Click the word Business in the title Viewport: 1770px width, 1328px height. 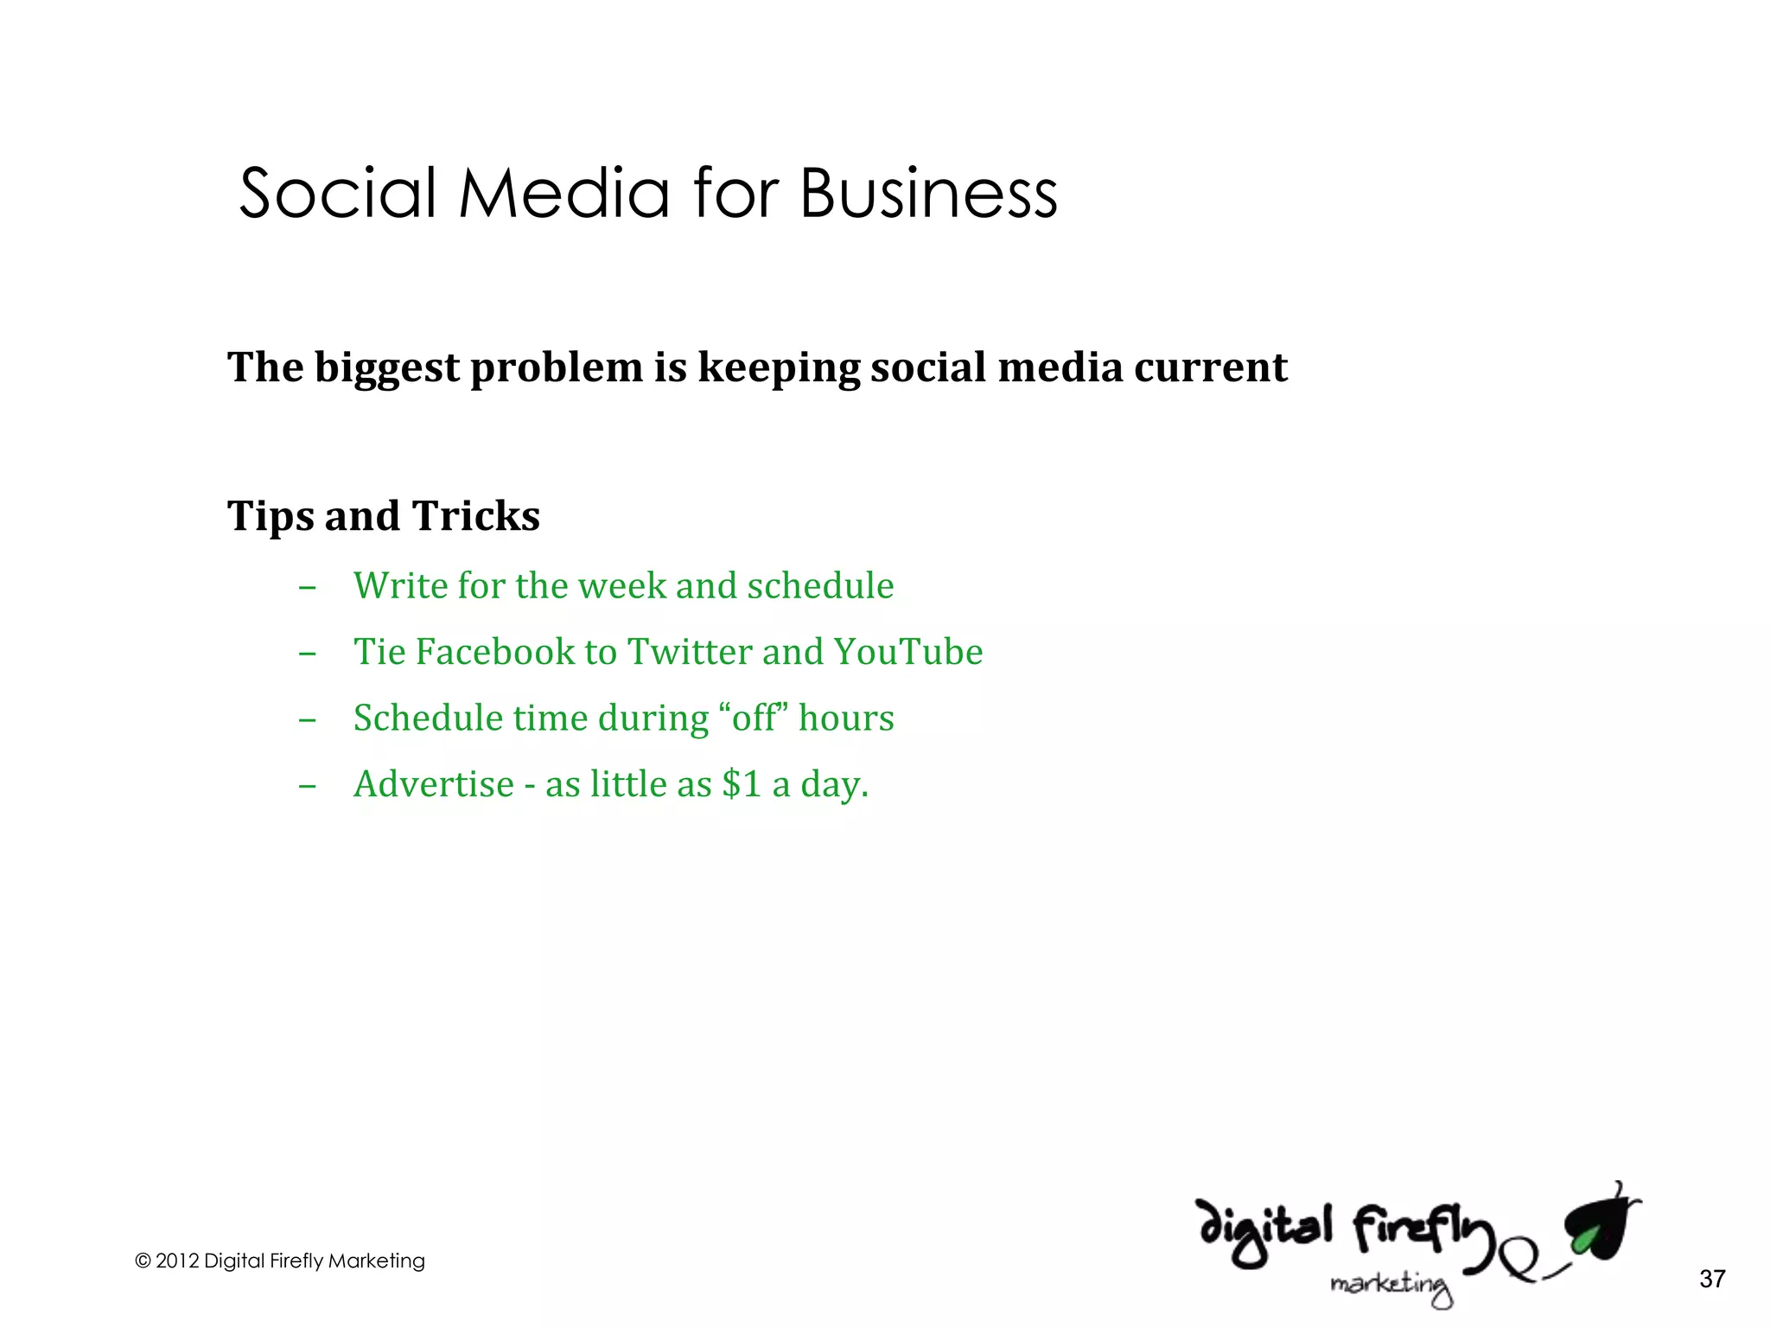tap(928, 193)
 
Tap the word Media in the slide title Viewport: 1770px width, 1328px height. tap(563, 193)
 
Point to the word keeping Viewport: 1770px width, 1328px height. tap(779, 368)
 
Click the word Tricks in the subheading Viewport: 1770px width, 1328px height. tap(475, 516)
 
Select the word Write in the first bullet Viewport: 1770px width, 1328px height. tap(400, 585)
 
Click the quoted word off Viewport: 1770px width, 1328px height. tap(754, 718)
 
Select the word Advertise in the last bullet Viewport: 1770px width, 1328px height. tap(434, 784)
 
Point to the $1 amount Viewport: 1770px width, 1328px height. tap(742, 784)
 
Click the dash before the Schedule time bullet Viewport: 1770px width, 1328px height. tap(307, 719)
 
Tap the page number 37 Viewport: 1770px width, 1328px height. tap(1712, 1279)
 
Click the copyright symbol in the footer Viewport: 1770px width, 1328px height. tap(143, 1261)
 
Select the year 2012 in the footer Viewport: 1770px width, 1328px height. tap(176, 1261)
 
